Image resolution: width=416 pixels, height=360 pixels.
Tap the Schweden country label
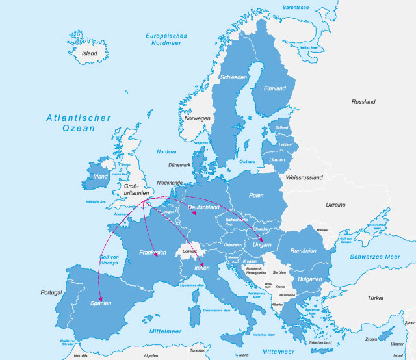(x=234, y=77)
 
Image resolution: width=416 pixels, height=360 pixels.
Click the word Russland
(x=363, y=102)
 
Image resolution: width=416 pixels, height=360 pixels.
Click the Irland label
(x=101, y=176)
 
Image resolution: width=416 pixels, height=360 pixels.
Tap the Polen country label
(x=256, y=195)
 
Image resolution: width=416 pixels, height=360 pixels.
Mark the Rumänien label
(x=304, y=250)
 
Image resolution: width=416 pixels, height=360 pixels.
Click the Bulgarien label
(x=309, y=279)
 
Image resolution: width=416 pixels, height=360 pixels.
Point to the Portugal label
(x=52, y=292)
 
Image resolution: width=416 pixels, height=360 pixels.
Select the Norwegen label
(x=198, y=118)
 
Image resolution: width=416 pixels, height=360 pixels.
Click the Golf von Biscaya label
(x=109, y=261)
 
